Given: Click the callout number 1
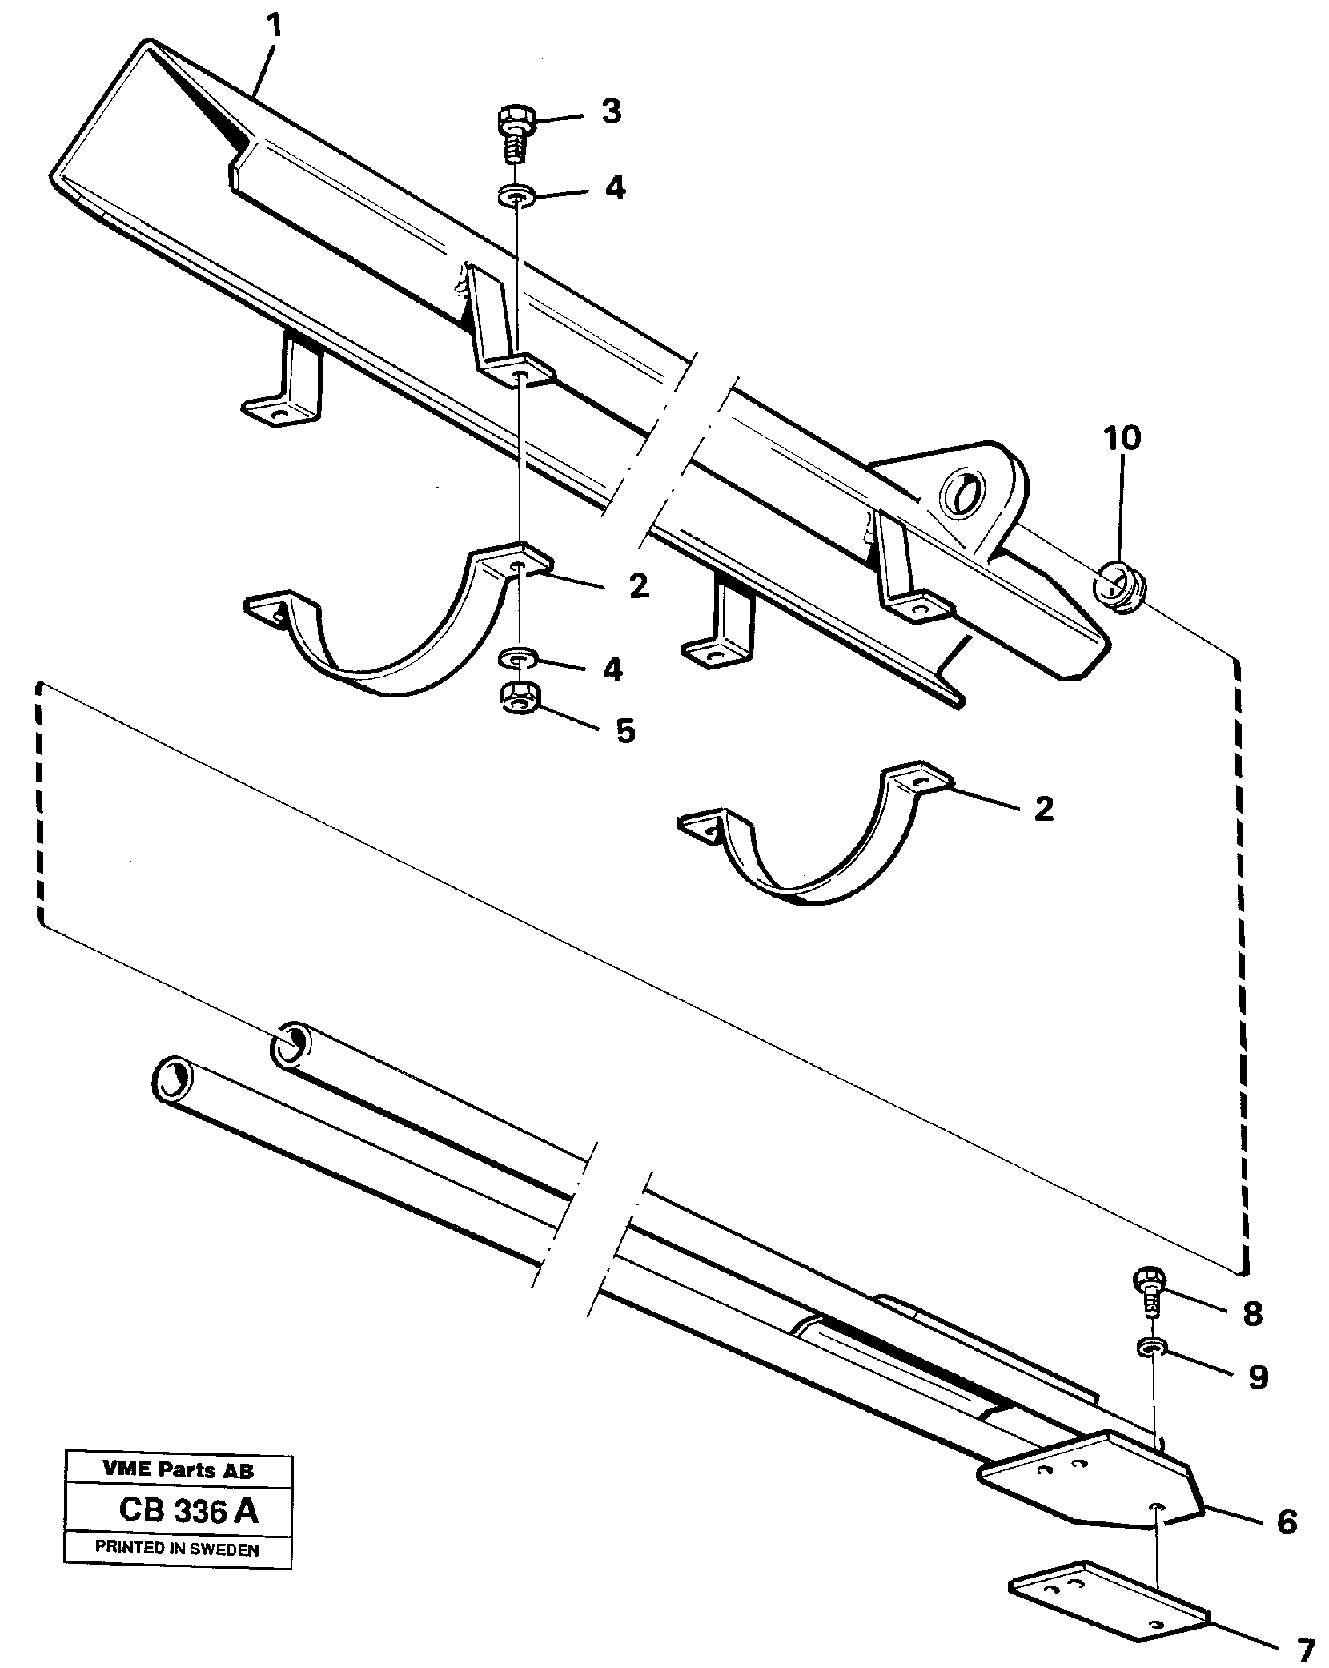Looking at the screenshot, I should pos(274,29).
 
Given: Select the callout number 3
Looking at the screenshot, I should pos(611,112).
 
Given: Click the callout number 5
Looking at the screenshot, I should pos(624,729).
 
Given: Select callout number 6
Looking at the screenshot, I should pos(1286,1522).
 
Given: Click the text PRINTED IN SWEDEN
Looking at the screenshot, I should pos(177,1549).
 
